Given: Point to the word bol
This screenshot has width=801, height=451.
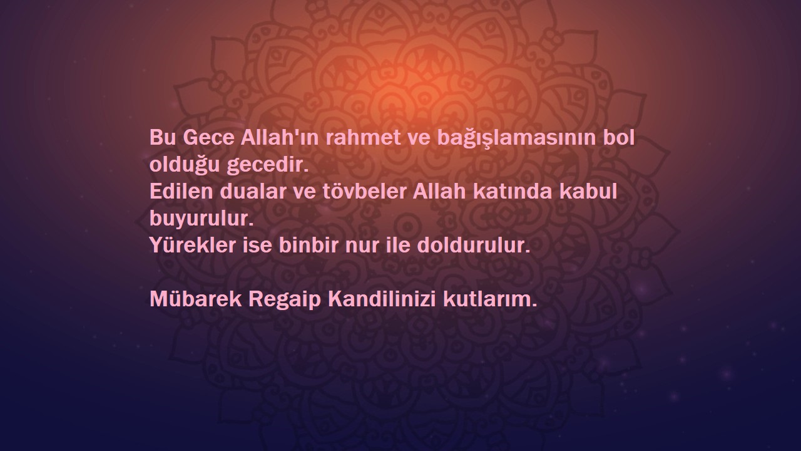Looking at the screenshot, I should coord(618,138).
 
